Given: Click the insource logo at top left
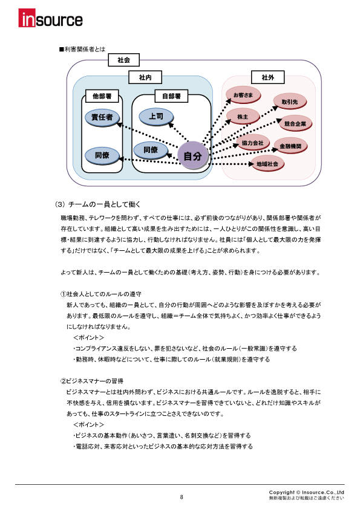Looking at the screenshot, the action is [x=50, y=20].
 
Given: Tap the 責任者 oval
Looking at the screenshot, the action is [x=102, y=117].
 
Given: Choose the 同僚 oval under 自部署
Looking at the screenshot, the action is [x=151, y=149].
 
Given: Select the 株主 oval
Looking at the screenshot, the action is [x=243, y=116].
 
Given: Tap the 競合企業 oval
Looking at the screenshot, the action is [x=295, y=123].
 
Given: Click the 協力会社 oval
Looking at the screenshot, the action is [x=252, y=143].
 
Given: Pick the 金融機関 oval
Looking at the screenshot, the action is [x=291, y=146].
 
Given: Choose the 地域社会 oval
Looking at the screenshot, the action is [x=267, y=164].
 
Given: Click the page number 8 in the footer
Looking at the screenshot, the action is [x=181, y=497].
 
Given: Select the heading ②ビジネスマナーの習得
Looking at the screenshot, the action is [x=92, y=381].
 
